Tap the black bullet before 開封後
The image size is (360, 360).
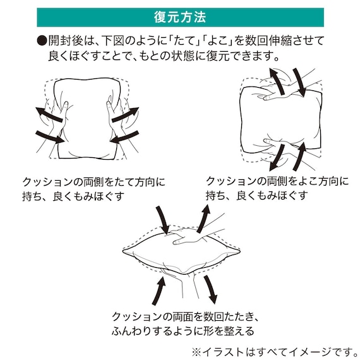coord(42,42)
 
